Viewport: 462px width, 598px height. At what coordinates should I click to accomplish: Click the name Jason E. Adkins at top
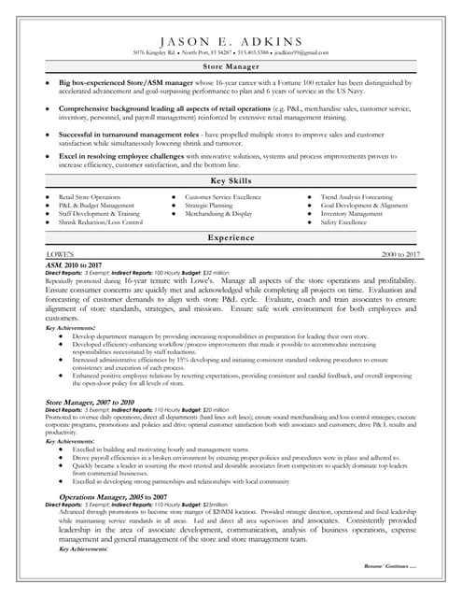[x=231, y=41]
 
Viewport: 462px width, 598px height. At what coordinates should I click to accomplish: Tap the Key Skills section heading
[x=231, y=179]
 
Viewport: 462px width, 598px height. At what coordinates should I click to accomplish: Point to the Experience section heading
[x=231, y=238]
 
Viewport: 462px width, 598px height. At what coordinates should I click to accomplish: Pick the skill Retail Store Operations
[x=90, y=198]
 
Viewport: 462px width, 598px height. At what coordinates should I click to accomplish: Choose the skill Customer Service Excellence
[x=223, y=198]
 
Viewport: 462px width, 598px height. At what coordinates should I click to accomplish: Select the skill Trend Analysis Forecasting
[x=357, y=198]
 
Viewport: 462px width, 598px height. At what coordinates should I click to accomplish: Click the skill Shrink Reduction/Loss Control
[x=101, y=222]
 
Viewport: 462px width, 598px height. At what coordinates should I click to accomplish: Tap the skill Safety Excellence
[x=343, y=222]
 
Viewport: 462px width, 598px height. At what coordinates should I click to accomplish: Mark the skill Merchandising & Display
[x=218, y=214]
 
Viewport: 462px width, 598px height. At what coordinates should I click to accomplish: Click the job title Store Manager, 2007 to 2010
[x=90, y=402]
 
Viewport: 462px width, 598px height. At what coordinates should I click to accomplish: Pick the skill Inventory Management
[x=352, y=214]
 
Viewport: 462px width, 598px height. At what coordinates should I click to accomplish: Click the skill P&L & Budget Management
[x=97, y=206]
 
